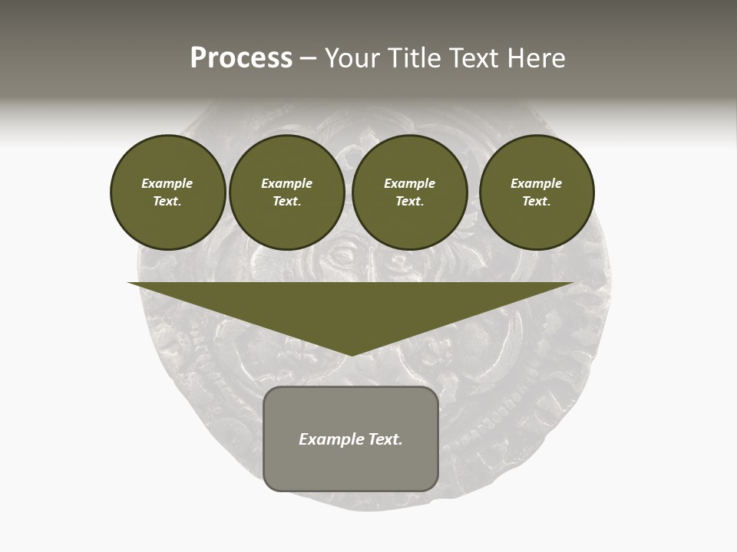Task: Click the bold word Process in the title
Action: pos(241,58)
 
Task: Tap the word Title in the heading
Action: pos(413,58)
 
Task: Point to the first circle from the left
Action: pos(167,192)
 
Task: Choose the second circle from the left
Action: pos(286,192)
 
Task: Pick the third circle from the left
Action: pos(409,192)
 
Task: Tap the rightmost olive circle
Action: pos(536,192)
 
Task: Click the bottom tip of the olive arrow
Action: pos(351,354)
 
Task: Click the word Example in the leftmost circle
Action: pos(167,183)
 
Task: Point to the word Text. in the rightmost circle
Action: pos(536,202)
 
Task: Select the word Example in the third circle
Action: pos(409,183)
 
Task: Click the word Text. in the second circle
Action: pos(286,202)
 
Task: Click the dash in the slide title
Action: pos(308,58)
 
